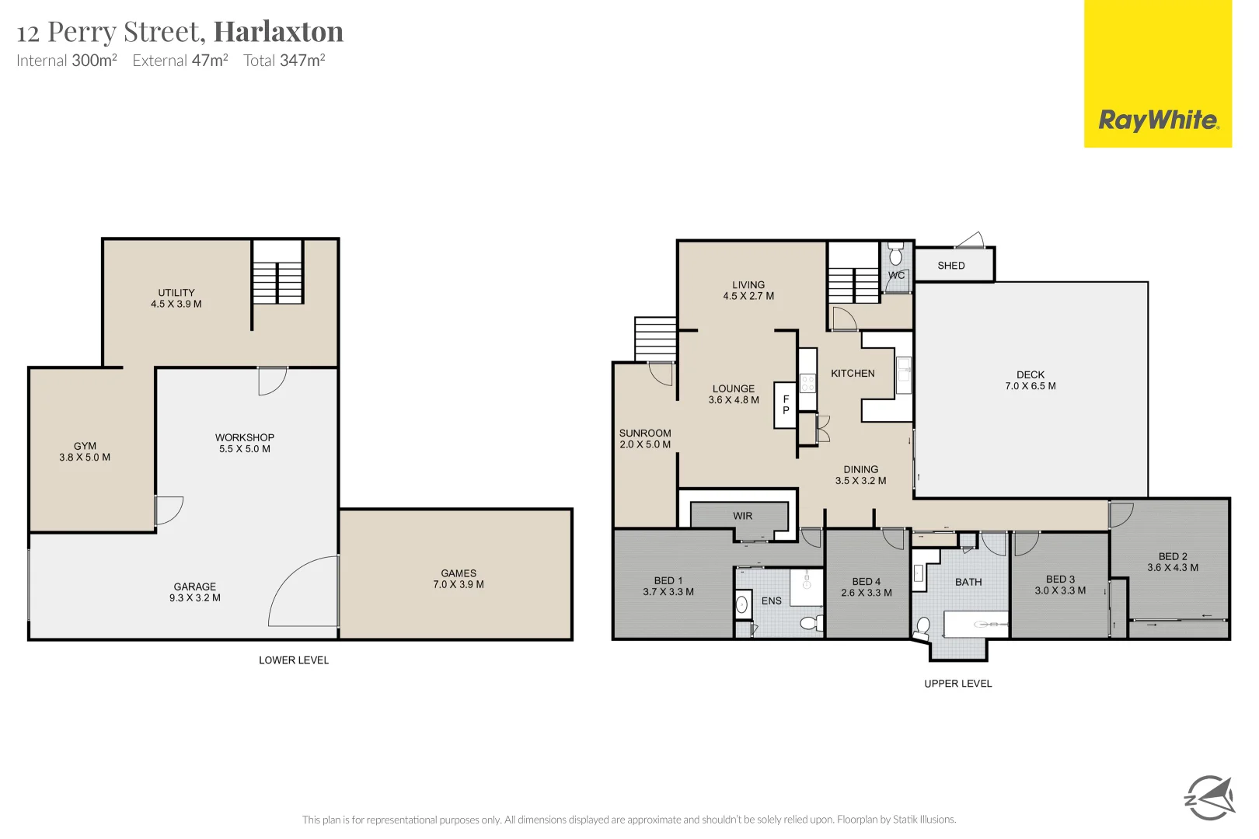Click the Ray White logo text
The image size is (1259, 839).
[1158, 120]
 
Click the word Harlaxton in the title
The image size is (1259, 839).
[278, 32]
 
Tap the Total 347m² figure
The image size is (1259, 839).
[284, 61]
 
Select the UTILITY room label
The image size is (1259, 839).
[176, 298]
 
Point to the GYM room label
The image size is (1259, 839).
[85, 451]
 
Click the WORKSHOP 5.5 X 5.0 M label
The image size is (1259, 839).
[245, 443]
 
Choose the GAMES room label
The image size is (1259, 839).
[459, 579]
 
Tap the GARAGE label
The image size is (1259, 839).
[195, 592]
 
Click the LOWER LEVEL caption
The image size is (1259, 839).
[294, 660]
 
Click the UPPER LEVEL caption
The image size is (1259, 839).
[957, 684]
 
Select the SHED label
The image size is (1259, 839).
[951, 266]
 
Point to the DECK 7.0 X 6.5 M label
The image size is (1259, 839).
[1031, 380]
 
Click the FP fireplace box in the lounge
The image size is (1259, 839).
[786, 405]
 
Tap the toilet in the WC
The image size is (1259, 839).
[896, 255]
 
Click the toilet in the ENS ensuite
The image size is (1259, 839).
[810, 622]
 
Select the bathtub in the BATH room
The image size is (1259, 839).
[976, 624]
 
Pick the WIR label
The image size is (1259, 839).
[742, 516]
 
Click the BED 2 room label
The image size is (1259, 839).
[1173, 562]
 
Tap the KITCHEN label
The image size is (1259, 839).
[853, 374]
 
